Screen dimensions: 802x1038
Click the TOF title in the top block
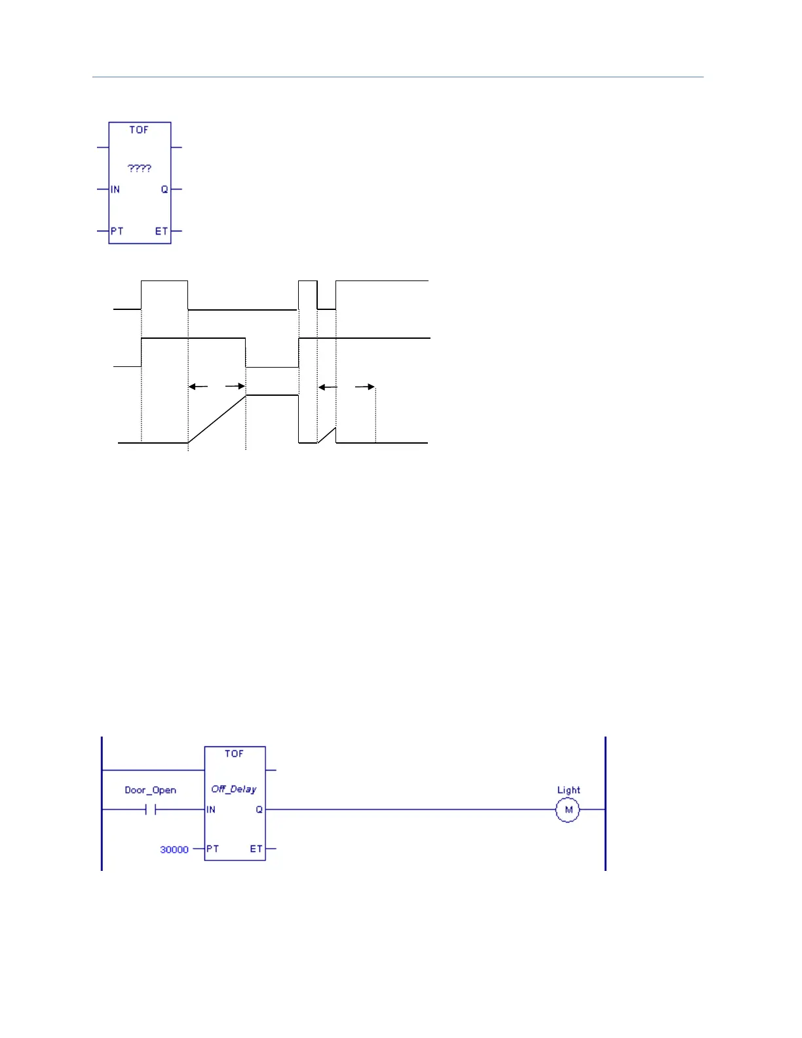click(139, 130)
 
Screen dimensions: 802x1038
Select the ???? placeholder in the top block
click(140, 168)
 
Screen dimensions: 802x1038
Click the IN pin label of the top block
click(115, 189)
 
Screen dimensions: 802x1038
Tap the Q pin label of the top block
click(164, 189)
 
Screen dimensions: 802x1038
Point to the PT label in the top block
click(117, 231)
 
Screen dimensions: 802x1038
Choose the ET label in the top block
click(161, 231)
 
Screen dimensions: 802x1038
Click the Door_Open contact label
click(151, 790)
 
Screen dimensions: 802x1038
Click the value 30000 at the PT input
click(174, 849)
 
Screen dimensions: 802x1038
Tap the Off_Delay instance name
click(234, 789)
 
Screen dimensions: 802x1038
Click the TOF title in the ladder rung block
click(234, 754)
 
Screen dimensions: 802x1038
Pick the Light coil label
click(569, 790)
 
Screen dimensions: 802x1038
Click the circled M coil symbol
click(568, 810)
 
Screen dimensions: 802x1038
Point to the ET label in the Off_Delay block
click(256, 849)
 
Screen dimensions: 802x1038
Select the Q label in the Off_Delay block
click(259, 810)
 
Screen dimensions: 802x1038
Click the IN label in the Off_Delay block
click(211, 810)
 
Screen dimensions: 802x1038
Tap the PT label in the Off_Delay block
click(212, 849)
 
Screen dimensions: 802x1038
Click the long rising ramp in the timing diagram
click(217, 419)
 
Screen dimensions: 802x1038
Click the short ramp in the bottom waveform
click(327, 435)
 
